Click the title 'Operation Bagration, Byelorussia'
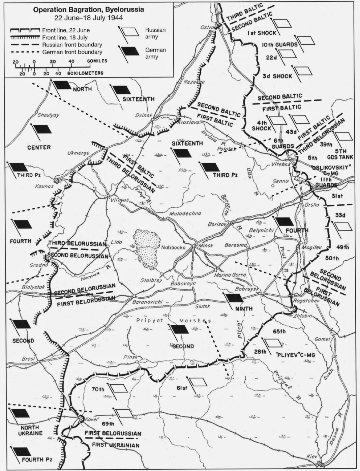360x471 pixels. (x=89, y=10)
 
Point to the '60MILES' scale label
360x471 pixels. (x=97, y=61)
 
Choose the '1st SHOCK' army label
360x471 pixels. (x=262, y=33)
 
